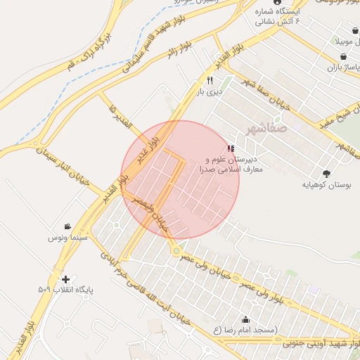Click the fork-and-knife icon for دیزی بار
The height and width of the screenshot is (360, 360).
point(210,81)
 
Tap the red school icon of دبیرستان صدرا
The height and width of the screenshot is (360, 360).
point(231,149)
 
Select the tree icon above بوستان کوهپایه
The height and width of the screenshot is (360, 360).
point(326,173)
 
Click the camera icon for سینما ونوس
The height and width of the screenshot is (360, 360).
point(67,227)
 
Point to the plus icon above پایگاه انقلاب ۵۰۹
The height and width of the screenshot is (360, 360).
point(65,279)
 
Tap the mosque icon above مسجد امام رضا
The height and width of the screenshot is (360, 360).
point(245,320)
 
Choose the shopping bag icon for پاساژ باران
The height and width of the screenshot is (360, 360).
point(331,67)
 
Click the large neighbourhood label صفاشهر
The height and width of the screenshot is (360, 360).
point(267,129)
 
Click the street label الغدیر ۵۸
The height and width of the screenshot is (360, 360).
point(120,116)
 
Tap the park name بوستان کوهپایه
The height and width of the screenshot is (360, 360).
point(326,185)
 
